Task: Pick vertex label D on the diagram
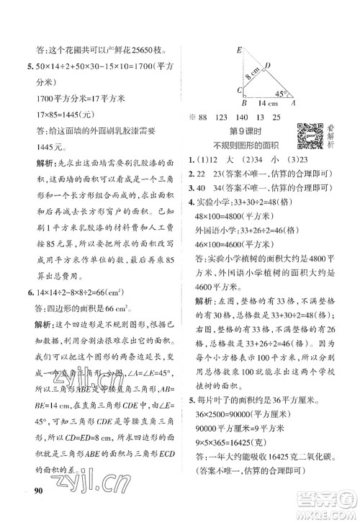266,66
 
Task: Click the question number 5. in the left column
28,67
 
